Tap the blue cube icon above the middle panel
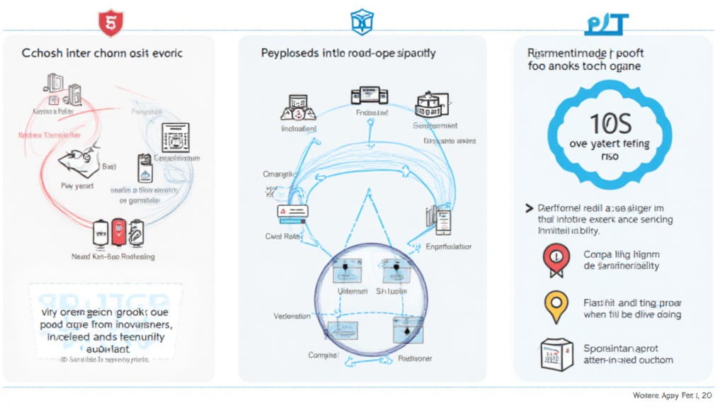coord(361,23)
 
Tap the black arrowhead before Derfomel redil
coord(529,208)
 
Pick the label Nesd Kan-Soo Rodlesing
coord(113,256)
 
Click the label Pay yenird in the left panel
coord(76,186)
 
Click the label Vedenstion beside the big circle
coord(292,315)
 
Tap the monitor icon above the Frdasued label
coord(369,96)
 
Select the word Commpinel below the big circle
coord(322,354)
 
